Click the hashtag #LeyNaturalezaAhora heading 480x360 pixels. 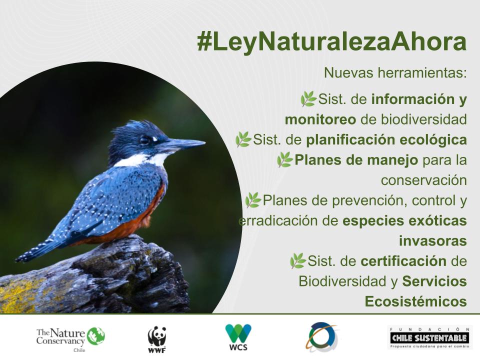pyautogui.click(x=331, y=42)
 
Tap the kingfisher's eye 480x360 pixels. pyautogui.click(x=145, y=140)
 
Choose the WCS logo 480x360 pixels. pyautogui.click(x=238, y=336)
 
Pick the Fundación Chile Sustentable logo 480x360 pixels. pyautogui.click(x=430, y=337)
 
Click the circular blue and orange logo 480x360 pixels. pyautogui.click(x=322, y=337)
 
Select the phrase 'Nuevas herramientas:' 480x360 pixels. pyautogui.click(x=395, y=72)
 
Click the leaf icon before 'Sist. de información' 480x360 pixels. pyautogui.click(x=308, y=99)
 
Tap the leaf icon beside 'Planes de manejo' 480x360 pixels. pyautogui.click(x=284, y=159)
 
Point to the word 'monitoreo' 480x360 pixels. pyautogui.click(x=320, y=120)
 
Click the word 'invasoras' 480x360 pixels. pyautogui.click(x=432, y=240)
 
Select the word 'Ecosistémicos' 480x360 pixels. pyautogui.click(x=415, y=301)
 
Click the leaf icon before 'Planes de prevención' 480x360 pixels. pyautogui.click(x=253, y=200)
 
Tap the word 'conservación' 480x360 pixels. pyautogui.click(x=423, y=180)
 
